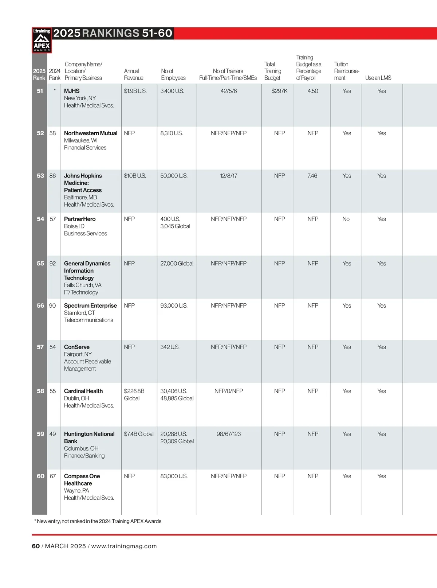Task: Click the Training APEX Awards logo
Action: click(42, 40)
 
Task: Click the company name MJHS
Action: click(72, 91)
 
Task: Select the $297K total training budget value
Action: click(279, 91)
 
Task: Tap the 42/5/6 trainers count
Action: click(228, 91)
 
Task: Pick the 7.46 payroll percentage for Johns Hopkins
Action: click(312, 176)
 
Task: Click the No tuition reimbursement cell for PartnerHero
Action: click(346, 219)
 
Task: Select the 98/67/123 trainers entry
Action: click(228, 434)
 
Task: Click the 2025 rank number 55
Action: click(40, 264)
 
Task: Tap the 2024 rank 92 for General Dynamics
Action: click(53, 264)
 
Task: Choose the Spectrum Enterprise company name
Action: click(90, 305)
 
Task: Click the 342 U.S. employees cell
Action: click(170, 347)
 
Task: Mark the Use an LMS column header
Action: click(378, 78)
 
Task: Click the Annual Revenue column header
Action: click(134, 74)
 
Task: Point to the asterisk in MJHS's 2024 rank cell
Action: click(55, 90)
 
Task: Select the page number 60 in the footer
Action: click(36, 546)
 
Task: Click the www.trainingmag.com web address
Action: click(124, 546)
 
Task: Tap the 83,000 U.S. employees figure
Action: click(174, 476)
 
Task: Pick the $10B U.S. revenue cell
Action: click(135, 176)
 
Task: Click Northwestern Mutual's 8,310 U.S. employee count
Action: click(171, 133)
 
